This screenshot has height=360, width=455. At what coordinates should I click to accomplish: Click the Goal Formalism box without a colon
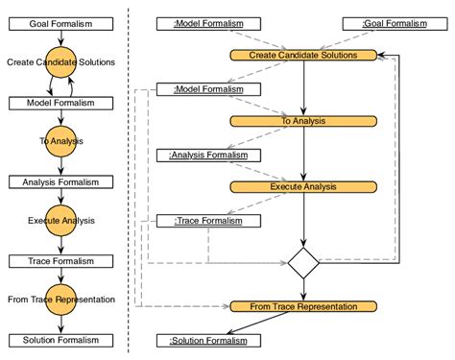click(x=60, y=23)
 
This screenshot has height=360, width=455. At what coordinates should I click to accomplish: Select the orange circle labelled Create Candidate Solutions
click(x=60, y=62)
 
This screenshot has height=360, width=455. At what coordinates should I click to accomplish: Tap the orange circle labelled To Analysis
click(x=60, y=141)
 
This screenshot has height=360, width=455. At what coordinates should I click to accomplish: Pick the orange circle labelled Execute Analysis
click(x=60, y=221)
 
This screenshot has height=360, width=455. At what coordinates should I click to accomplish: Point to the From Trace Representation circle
click(x=60, y=300)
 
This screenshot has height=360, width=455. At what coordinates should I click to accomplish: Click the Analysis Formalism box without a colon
click(x=60, y=181)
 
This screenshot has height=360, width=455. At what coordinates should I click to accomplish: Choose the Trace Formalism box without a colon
click(x=60, y=261)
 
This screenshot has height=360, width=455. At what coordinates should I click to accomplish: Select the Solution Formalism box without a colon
click(x=60, y=340)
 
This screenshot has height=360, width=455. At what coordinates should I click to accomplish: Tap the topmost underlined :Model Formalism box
click(x=208, y=23)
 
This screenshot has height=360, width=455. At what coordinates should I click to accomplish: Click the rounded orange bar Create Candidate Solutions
click(x=303, y=56)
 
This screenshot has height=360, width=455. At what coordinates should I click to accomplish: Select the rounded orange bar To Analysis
click(x=303, y=121)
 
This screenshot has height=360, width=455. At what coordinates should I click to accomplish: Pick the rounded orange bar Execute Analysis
click(x=303, y=187)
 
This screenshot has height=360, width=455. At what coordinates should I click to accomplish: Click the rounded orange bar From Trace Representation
click(x=303, y=306)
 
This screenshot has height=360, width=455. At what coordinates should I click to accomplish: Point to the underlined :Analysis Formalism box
click(x=208, y=155)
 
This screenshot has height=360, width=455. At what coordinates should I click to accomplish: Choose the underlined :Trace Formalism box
click(x=208, y=221)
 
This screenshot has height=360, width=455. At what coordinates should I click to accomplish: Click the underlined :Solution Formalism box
click(x=208, y=340)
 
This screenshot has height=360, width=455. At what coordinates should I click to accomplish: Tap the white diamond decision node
click(x=303, y=261)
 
